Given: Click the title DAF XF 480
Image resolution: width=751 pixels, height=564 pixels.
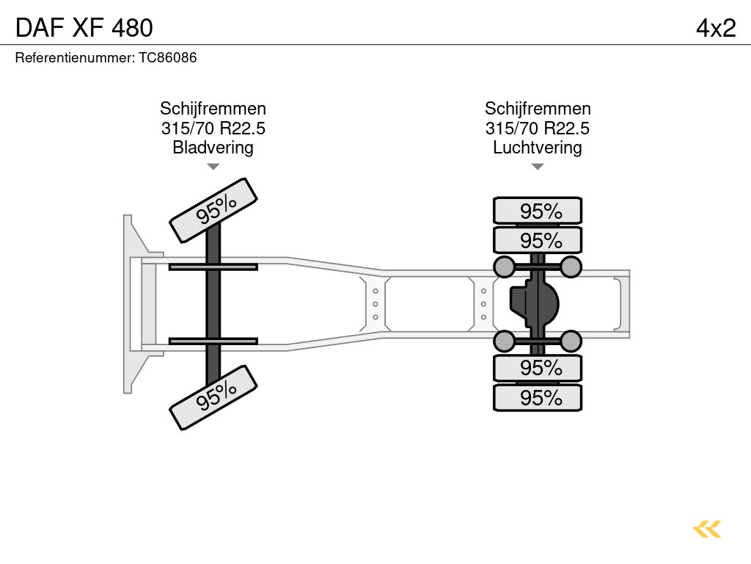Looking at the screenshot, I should pyautogui.click(x=84, y=27).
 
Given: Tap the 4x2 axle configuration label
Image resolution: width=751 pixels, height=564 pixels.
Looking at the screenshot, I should pyautogui.click(x=715, y=27).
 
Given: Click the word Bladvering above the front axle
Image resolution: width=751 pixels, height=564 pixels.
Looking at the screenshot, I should pyautogui.click(x=213, y=148).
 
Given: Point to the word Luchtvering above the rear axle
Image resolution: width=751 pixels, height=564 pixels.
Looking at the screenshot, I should pyautogui.click(x=538, y=148).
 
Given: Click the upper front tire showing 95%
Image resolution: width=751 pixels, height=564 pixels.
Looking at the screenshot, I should pyautogui.click(x=213, y=210).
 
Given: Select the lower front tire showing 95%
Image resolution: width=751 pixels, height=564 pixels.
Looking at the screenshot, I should pyautogui.click(x=213, y=397).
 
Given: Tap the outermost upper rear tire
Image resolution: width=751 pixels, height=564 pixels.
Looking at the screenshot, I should pyautogui.click(x=538, y=211).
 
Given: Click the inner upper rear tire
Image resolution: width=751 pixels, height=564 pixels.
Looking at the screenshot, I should pyautogui.click(x=538, y=240).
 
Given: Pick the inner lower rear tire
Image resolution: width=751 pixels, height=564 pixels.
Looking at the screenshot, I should pyautogui.click(x=538, y=368).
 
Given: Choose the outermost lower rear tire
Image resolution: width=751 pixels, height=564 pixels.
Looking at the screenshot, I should pyautogui.click(x=538, y=398).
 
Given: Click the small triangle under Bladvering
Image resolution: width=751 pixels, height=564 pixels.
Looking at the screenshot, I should pyautogui.click(x=213, y=167).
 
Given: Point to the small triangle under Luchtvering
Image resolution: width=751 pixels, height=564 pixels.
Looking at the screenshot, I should pyautogui.click(x=538, y=167).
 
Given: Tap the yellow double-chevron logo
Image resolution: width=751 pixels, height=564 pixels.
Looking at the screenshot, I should pyautogui.click(x=707, y=529).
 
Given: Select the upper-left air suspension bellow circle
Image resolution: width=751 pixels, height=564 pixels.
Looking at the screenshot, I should pyautogui.click(x=505, y=266).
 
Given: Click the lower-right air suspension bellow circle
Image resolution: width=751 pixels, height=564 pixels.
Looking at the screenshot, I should pyautogui.click(x=571, y=341).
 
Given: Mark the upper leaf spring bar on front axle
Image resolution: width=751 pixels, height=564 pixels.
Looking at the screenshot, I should pyautogui.click(x=213, y=267).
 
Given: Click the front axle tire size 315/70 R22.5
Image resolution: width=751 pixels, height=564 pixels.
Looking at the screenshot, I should pyautogui.click(x=213, y=129).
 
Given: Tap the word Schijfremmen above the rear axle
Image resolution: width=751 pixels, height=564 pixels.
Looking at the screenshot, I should pyautogui.click(x=538, y=109).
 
